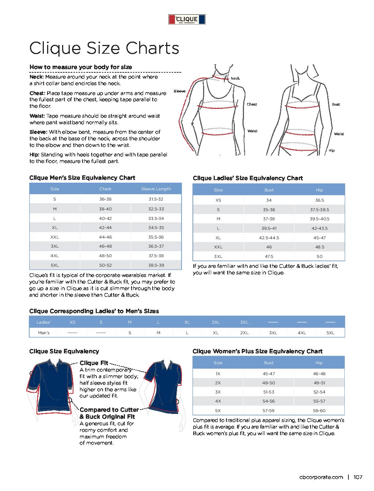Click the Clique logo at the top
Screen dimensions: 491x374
tap(187, 19)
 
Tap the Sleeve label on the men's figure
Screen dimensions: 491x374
tap(179, 91)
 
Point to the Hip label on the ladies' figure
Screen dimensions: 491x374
tap(331, 150)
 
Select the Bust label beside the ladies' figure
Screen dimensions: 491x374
tap(336, 104)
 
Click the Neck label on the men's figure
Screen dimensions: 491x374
tap(235, 78)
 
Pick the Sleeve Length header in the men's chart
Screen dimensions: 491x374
tap(156, 189)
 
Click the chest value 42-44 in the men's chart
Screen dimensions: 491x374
tap(105, 228)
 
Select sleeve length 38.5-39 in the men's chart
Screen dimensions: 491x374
tap(156, 265)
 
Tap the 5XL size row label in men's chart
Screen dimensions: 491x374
tap(54, 265)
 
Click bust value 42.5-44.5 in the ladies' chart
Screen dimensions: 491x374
tap(269, 238)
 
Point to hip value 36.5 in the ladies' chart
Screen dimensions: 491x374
tap(319, 200)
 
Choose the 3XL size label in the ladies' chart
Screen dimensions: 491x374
tap(218, 256)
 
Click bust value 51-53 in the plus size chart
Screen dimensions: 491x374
tap(268, 392)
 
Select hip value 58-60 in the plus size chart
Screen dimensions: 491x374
tap(319, 411)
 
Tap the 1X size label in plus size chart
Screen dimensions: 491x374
tap(218, 374)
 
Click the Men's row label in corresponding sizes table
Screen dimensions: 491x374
tap(44, 333)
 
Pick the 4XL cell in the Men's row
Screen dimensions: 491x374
tap(302, 333)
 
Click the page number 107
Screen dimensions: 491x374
tap(358, 477)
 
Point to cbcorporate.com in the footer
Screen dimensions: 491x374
tap(321, 477)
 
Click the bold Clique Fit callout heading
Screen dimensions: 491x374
tap(94, 363)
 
